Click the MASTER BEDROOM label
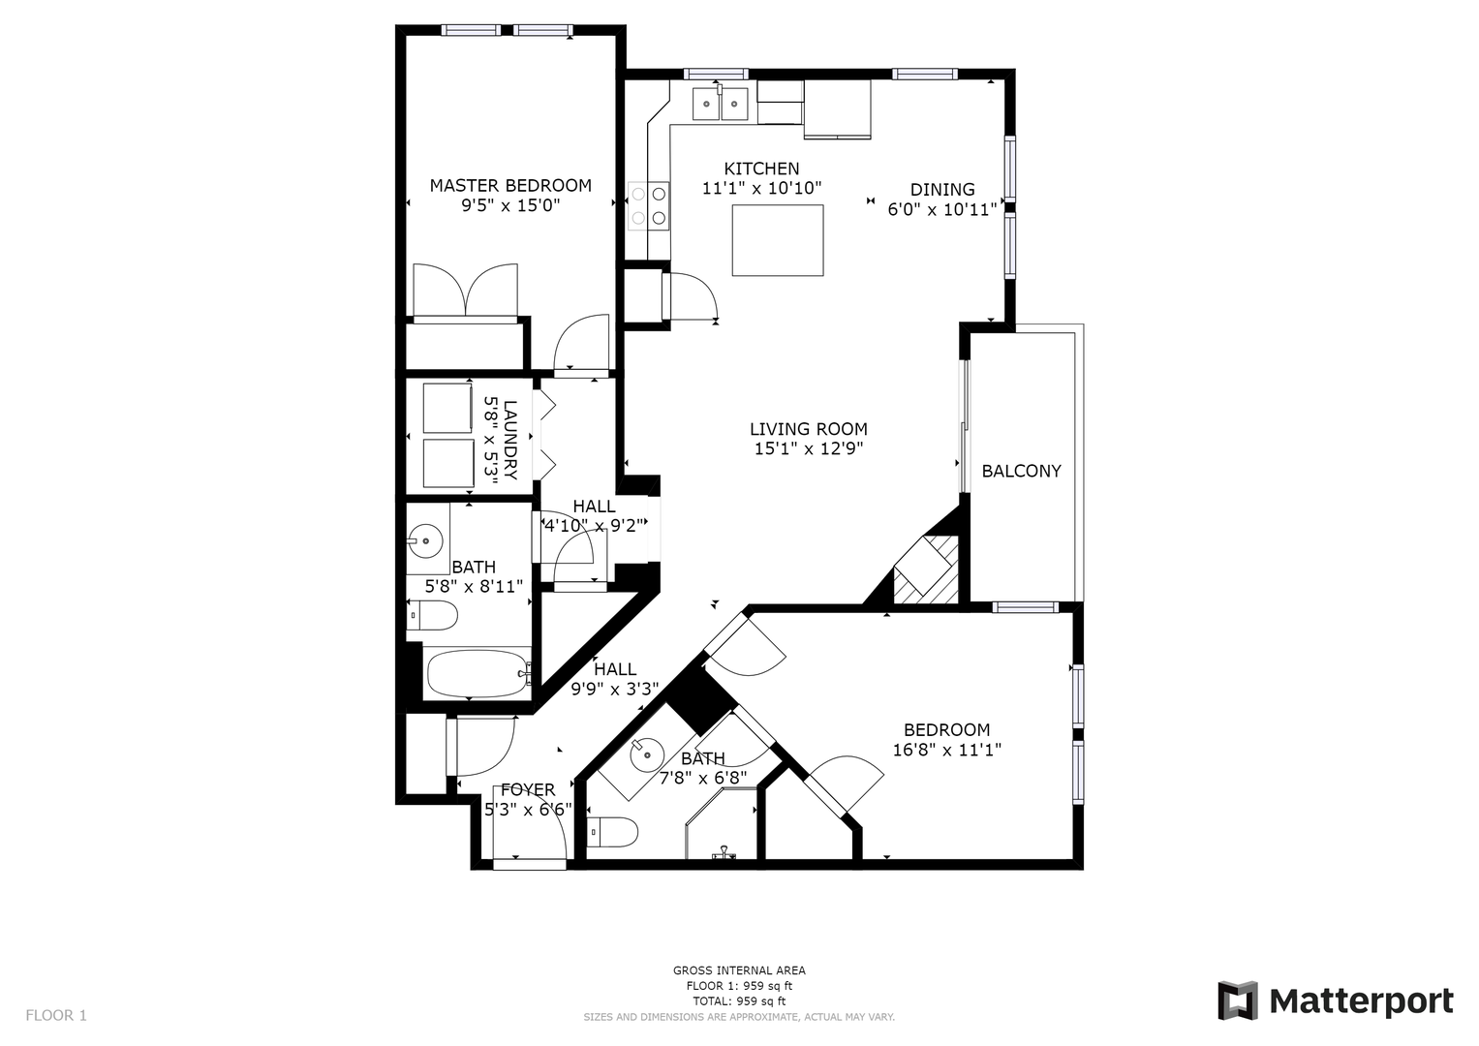510,186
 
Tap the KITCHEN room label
761,169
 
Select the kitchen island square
777,240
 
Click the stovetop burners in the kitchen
648,206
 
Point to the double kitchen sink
720,105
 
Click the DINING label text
942,190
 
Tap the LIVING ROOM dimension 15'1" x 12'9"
809,449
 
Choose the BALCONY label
1021,471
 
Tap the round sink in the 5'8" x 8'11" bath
424,540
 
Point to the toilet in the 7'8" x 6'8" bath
612,832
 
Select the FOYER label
528,789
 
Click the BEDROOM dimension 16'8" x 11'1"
947,751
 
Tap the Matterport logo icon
1237,1001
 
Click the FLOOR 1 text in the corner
56,1015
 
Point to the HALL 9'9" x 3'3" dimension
615,690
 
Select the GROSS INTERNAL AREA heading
739,970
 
